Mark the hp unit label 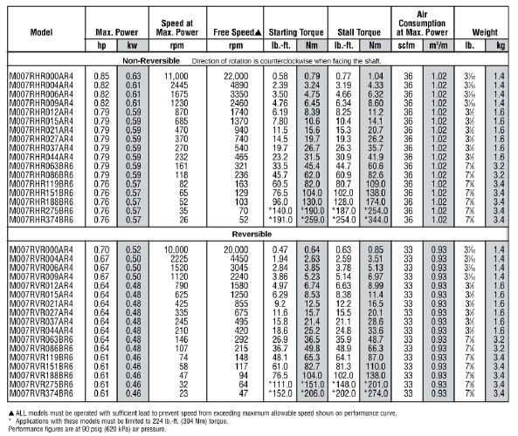click(103, 44)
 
